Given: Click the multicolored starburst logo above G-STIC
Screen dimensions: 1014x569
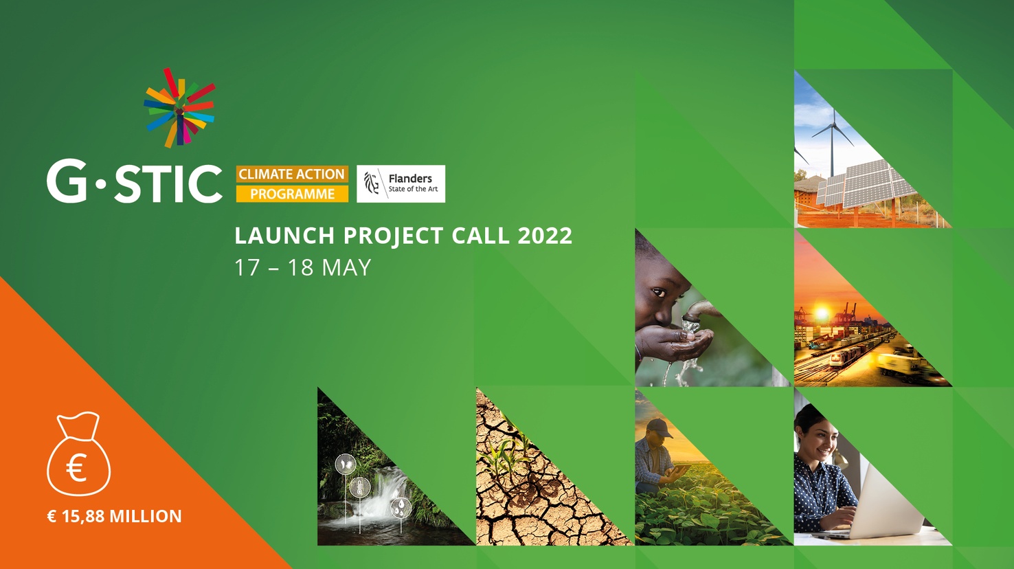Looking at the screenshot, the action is point(179,108).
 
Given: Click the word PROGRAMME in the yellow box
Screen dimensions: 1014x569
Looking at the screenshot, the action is point(293,194).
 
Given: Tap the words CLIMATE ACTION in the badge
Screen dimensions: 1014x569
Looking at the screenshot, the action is point(292,174).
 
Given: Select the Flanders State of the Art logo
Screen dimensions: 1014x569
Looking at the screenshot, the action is point(401,183).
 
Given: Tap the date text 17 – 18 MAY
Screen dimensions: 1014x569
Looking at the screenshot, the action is point(302,267).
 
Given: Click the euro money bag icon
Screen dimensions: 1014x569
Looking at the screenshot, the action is point(79,454).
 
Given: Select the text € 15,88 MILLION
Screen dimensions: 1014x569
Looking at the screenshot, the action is point(114,516).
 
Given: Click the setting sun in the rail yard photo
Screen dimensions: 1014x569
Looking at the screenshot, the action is point(821,313).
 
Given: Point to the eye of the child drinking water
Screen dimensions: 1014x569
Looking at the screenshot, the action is point(658,293).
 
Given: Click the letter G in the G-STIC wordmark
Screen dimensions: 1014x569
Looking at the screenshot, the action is point(67,180).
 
